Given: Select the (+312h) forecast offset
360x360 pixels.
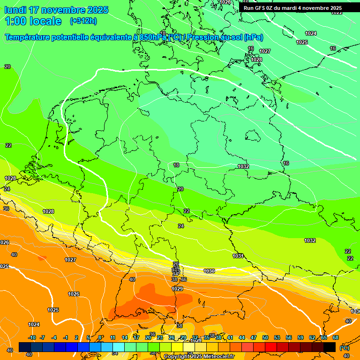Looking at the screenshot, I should coord(83,21).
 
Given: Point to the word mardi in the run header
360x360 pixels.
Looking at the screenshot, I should coord(288,8).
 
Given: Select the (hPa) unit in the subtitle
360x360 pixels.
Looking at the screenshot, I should coord(253,37).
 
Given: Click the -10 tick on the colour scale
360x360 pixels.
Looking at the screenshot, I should coord(32,337).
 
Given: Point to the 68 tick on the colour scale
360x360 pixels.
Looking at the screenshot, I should coord(336,337).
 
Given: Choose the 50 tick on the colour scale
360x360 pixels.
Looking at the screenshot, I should coord(265,337).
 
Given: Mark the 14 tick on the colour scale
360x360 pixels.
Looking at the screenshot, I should coord(125,337).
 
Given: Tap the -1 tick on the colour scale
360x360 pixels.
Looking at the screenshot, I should coord(66,337).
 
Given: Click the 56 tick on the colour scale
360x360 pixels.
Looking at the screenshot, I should coord(289,337).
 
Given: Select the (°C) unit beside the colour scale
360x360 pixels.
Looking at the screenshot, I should coord(345,347).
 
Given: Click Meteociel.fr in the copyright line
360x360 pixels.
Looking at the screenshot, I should coord(217,357).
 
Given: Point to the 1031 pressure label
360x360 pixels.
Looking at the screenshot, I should coord(238,256).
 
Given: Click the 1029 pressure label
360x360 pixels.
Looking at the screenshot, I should coord(177,289).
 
